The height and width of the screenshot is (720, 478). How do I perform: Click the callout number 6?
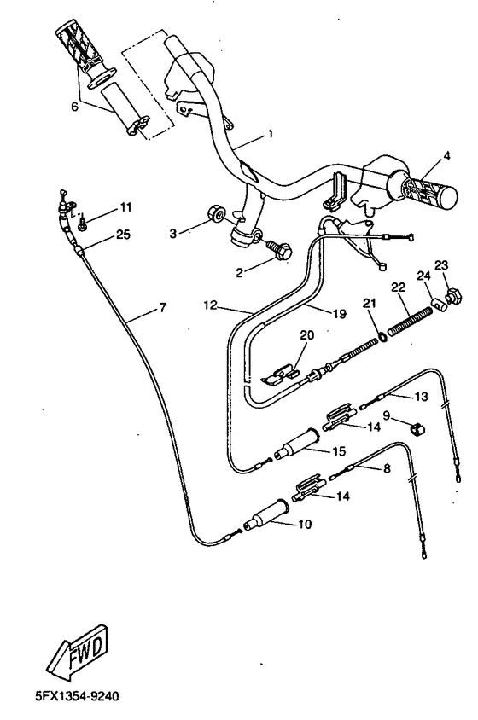pos(74,107)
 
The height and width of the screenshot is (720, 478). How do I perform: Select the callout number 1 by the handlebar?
pos(270,134)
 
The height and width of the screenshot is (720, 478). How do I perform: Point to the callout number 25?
pos(123,235)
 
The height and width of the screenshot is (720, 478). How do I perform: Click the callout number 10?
pos(302,525)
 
